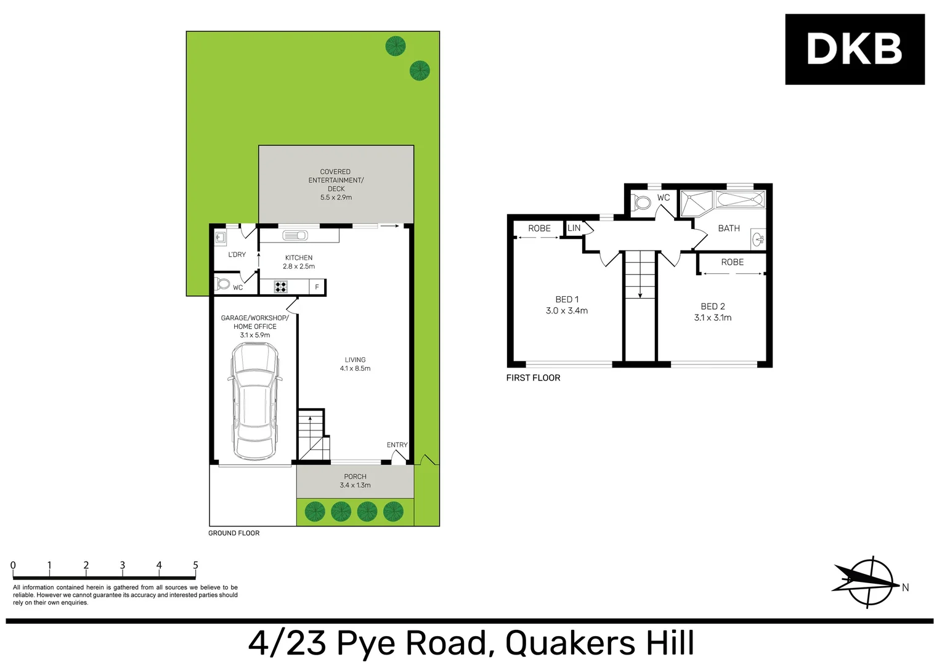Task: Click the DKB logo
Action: click(x=854, y=49)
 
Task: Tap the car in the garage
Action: click(x=254, y=401)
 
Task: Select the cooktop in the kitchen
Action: click(x=281, y=286)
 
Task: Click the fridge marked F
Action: click(x=317, y=287)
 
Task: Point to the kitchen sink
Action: click(x=295, y=235)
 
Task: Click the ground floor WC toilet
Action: click(x=222, y=284)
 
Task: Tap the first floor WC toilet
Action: click(x=642, y=203)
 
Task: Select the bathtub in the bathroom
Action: click(x=740, y=200)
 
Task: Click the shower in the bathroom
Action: click(x=696, y=203)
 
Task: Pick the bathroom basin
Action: click(x=758, y=239)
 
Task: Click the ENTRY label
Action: click(x=397, y=445)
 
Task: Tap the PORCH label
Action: click(x=355, y=477)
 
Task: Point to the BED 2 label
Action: click(x=713, y=307)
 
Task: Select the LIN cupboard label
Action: click(x=574, y=228)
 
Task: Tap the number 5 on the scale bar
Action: click(x=195, y=565)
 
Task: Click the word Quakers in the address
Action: click(x=570, y=643)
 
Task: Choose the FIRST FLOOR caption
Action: click(x=533, y=378)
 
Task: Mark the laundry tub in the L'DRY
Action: click(x=220, y=237)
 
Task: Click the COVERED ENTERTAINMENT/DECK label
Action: click(x=336, y=180)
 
